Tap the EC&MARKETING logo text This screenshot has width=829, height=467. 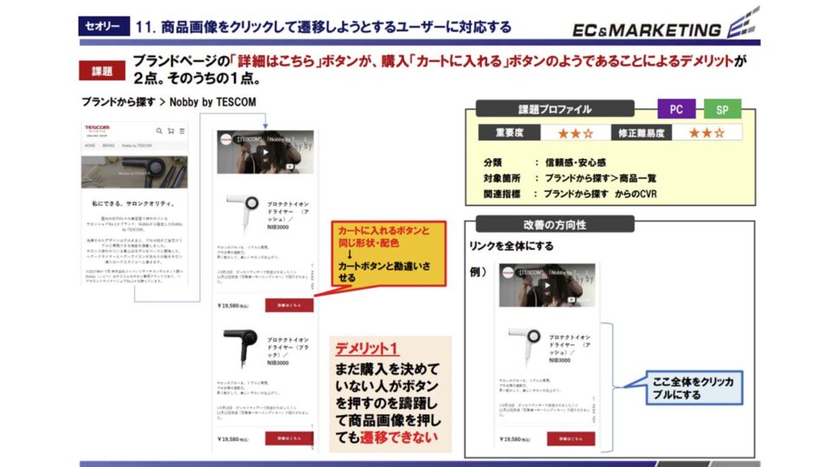[x=647, y=30]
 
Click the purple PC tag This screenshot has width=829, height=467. [x=676, y=110]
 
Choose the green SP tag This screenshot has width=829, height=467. [x=722, y=110]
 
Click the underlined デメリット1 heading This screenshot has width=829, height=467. [x=368, y=349]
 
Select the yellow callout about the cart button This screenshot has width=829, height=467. [x=388, y=253]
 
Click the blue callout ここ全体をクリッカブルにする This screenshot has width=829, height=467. [x=694, y=387]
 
